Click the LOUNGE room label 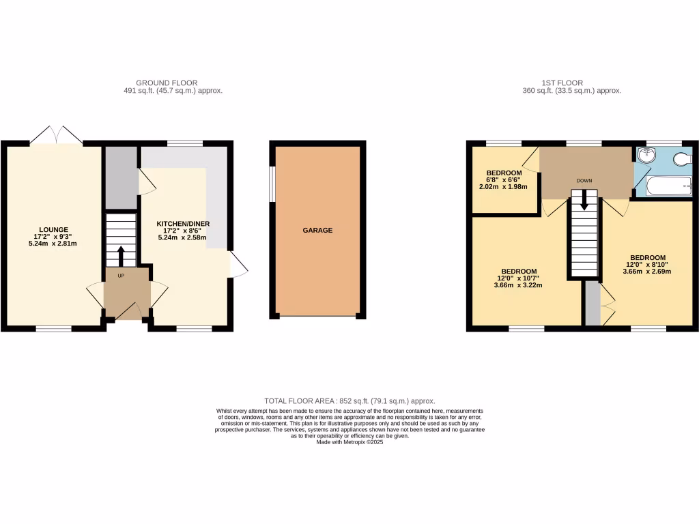point(53,229)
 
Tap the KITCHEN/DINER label point(183,224)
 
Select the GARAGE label point(317,231)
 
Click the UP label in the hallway point(122,276)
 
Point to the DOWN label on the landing point(584,181)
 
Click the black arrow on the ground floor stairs point(122,256)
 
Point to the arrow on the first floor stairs point(584,200)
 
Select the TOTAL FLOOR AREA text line point(349,401)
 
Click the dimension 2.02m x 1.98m point(504,187)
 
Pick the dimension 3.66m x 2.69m point(648,272)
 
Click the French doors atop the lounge point(57,135)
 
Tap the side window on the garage point(272,184)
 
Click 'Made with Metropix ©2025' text point(350,442)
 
